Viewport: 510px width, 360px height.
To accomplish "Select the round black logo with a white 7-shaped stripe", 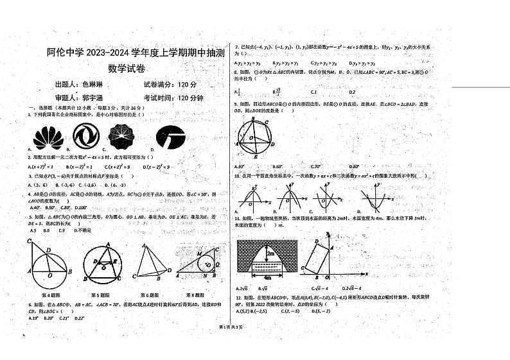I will [x=170, y=136].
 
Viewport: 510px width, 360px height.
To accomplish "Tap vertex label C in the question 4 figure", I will [x=30, y=240].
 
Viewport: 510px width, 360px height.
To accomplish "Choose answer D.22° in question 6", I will [x=79, y=318].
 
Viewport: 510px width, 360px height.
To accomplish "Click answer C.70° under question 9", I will [x=315, y=166].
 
